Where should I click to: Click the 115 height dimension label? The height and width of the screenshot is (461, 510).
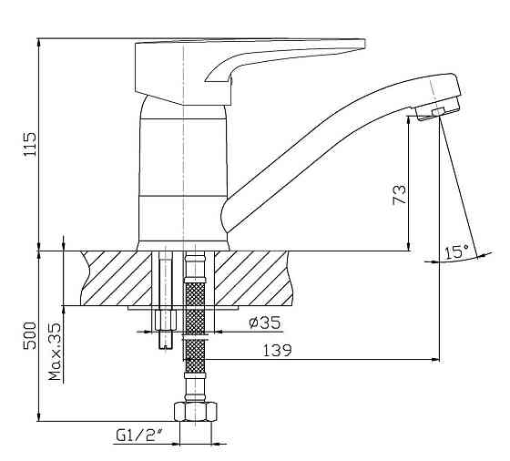29,145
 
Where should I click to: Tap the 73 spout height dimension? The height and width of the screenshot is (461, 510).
400,195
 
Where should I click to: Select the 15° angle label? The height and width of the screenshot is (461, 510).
456,252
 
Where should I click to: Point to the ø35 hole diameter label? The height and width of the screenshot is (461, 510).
264,323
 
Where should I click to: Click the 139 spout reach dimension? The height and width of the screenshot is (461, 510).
277,351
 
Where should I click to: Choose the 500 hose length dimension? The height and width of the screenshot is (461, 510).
29,335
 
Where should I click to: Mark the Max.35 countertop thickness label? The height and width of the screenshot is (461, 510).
55,352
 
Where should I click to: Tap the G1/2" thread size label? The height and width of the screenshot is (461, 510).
139,435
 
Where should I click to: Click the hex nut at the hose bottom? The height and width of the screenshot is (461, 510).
195,412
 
